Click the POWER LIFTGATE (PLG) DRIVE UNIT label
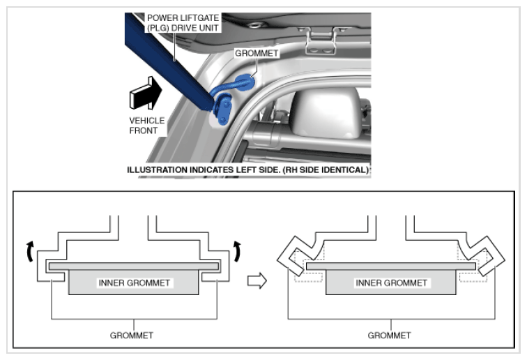click(x=183, y=22)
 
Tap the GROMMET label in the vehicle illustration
click(x=257, y=53)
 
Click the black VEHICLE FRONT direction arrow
click(x=146, y=93)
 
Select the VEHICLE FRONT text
click(x=147, y=126)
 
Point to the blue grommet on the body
click(x=245, y=82)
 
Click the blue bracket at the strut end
click(x=222, y=108)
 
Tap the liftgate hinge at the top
click(x=321, y=40)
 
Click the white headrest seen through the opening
click(x=326, y=113)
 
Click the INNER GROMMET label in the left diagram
click(x=134, y=283)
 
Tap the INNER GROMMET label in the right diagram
click(x=392, y=283)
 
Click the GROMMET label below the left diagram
click(x=132, y=336)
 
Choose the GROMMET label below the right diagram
click(x=389, y=336)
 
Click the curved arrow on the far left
click(x=29, y=251)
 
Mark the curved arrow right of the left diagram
click(x=238, y=251)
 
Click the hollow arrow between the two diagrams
click(x=257, y=280)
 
